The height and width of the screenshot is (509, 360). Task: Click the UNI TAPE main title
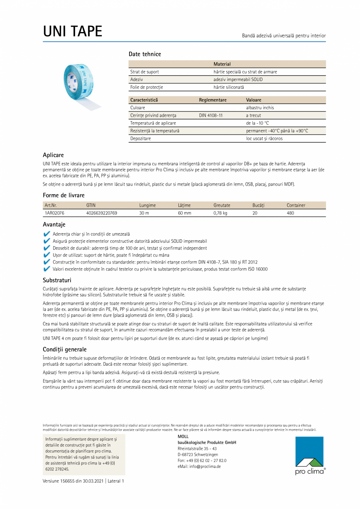[x=73, y=31]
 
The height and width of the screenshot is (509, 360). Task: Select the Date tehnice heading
[x=145, y=54]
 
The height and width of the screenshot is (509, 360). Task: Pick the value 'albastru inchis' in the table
[x=260, y=108]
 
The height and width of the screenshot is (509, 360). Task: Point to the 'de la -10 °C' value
[x=257, y=123]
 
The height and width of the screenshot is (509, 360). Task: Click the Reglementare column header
[x=212, y=100]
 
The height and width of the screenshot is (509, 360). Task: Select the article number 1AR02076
[x=54, y=213]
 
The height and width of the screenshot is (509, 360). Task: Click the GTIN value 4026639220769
[x=101, y=213]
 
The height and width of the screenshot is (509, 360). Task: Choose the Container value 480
[x=290, y=213]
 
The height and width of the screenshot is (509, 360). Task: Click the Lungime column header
[x=148, y=205]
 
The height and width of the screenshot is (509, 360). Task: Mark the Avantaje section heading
[x=54, y=224]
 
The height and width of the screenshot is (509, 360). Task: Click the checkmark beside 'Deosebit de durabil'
[x=47, y=248]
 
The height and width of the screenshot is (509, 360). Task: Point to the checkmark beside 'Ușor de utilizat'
[x=47, y=255]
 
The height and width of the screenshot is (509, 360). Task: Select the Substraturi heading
[x=57, y=280]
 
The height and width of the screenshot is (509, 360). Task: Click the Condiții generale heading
[x=65, y=349]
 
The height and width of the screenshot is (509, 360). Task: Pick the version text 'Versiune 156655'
[x=63, y=481]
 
